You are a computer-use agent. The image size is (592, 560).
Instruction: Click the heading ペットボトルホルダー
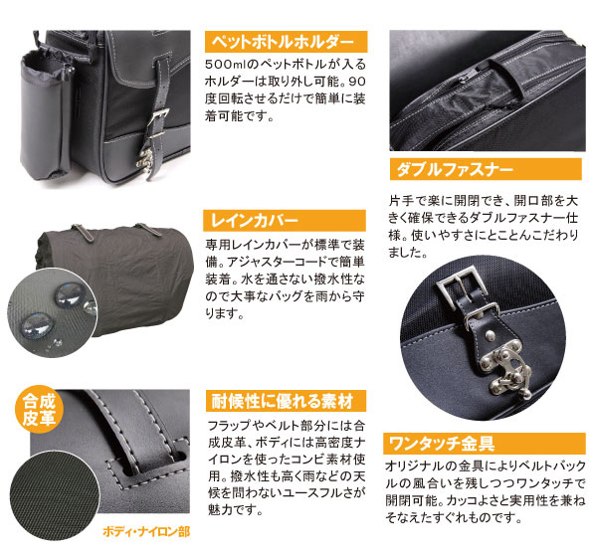coord(283,42)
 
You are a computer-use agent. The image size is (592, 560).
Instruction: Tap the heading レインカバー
coord(255,221)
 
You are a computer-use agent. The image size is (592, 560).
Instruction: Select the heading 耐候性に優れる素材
coord(283,401)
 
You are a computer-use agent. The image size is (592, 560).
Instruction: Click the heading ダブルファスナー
coord(455,169)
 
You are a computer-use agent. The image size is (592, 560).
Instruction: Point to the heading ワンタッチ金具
coord(442,444)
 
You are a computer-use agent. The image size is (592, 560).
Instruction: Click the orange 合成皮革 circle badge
coord(39,410)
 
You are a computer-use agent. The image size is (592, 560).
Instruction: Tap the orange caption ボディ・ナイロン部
coord(146,532)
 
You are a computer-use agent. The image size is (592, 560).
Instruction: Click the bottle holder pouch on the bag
coord(45,113)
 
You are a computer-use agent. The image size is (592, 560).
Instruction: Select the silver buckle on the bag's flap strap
coord(158,120)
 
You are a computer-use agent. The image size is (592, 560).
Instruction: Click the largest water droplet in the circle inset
coord(37,325)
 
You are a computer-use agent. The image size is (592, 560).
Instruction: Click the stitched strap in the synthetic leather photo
coord(143,430)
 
